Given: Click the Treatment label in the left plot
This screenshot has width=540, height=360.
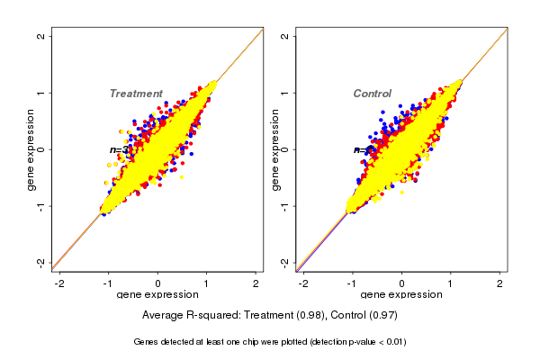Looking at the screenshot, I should (x=136, y=94).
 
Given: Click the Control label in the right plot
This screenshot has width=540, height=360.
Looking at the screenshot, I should (x=372, y=94).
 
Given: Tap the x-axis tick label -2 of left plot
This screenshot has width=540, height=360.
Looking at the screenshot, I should (x=59, y=283).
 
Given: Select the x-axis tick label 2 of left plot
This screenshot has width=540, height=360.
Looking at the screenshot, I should (x=256, y=283).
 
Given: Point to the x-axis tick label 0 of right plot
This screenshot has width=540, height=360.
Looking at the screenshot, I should (x=402, y=283).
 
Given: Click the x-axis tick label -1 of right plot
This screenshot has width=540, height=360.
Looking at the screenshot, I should (x=352, y=283).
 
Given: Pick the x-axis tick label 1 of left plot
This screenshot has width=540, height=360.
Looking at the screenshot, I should (x=207, y=283).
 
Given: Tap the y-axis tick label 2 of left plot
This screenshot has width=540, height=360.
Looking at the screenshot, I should (x=40, y=36).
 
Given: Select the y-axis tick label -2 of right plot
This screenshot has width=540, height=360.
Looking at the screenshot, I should (x=285, y=262).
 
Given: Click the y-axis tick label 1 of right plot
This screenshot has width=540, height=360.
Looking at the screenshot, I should (x=285, y=93).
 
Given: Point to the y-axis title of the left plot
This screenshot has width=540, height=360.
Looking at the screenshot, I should (x=31, y=149).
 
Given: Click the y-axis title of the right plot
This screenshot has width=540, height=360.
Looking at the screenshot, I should (x=276, y=149).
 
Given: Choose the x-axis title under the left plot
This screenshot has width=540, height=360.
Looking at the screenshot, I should (x=157, y=295).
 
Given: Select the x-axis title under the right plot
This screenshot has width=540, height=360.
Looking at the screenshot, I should (x=402, y=295).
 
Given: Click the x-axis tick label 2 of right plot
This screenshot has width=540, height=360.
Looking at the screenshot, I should (x=500, y=283).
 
